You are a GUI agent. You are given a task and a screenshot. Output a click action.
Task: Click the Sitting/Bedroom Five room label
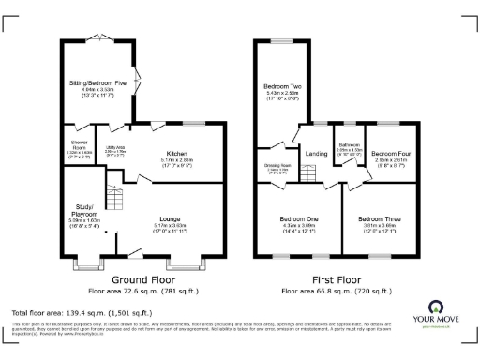97,83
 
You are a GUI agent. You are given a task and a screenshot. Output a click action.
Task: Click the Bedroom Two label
281,85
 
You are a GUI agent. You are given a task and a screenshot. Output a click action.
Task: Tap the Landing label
316,154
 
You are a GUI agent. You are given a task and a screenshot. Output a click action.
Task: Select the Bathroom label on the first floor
349,144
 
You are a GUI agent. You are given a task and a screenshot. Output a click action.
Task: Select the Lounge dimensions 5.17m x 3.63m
171,226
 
